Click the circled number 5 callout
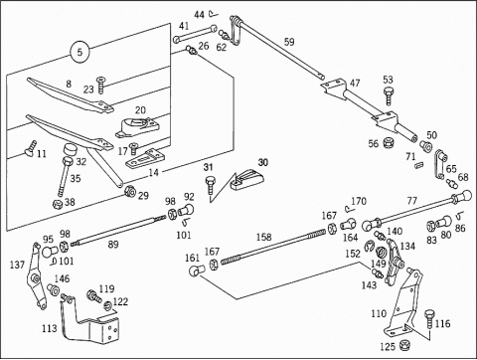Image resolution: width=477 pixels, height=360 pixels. point(79,52)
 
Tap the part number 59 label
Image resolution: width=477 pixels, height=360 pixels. point(289,42)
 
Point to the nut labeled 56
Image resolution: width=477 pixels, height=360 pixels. point(387,143)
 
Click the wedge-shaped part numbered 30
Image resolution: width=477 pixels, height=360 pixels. point(247,180)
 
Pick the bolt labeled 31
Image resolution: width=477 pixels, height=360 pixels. point(210,185)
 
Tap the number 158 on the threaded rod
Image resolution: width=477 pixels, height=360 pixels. point(263,237)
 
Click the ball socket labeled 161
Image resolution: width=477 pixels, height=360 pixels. point(197,270)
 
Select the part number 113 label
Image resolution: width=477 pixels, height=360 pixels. point(50,328)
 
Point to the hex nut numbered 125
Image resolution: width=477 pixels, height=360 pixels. point(403,345)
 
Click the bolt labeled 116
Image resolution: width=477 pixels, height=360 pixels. point(429,319)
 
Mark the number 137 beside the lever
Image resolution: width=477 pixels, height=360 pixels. point(17,265)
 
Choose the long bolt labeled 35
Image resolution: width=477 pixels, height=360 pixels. point(65,176)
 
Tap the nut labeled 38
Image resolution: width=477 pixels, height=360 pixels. point(58,204)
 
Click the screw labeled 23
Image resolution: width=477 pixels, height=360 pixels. point(100,86)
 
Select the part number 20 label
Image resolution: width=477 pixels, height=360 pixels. point(140,110)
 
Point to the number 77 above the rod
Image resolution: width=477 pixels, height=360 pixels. point(412,201)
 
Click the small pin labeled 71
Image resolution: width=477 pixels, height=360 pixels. point(419,165)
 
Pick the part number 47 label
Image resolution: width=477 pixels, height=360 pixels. point(355,83)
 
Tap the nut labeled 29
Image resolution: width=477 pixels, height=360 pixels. point(129,192)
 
